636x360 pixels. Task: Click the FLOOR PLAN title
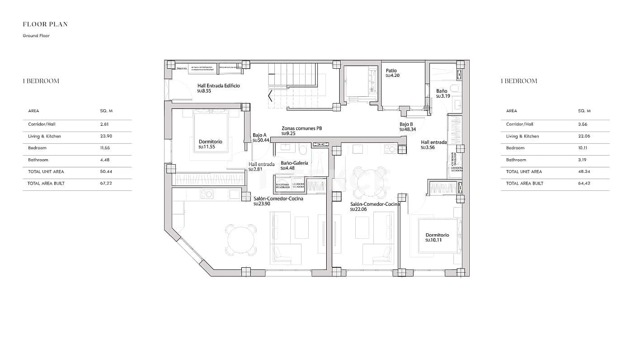pos(45,24)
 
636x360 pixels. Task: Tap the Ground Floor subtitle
pos(36,36)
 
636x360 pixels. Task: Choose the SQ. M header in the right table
pos(584,111)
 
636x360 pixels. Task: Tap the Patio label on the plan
pos(391,71)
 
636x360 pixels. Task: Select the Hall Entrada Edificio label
pos(218,85)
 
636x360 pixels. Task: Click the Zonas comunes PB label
pos(302,128)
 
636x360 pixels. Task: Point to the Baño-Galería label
pos(294,163)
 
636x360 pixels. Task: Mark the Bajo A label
pos(259,135)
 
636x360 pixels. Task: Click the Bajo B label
pos(406,124)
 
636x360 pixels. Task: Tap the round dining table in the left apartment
pos(241,239)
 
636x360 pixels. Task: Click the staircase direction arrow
pos(270,96)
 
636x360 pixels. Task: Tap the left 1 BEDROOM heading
pos(41,81)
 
